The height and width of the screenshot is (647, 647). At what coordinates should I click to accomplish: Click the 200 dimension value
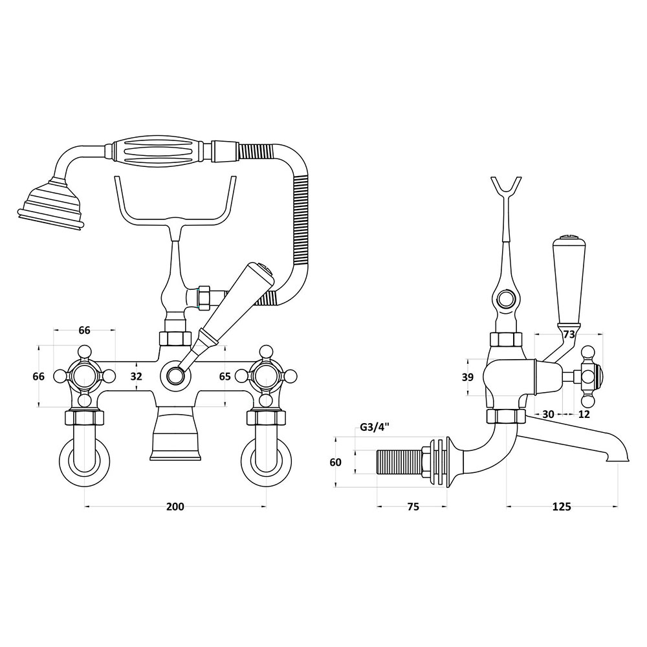[x=175, y=507]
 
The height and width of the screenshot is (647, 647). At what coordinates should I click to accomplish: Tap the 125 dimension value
[x=562, y=507]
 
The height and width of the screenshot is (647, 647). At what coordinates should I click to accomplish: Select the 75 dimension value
[x=413, y=507]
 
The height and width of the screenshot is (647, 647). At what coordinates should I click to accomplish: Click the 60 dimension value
[x=336, y=462]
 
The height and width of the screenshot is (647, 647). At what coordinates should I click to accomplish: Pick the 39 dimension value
[x=468, y=377]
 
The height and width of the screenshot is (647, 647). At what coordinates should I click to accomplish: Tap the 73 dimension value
[x=569, y=334]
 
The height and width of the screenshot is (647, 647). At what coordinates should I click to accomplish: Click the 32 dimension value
[x=136, y=377]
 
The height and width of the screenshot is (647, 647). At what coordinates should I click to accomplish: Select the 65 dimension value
[x=225, y=377]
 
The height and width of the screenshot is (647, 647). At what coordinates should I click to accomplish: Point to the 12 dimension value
[x=584, y=414]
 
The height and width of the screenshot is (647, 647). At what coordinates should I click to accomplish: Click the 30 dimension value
[x=548, y=414]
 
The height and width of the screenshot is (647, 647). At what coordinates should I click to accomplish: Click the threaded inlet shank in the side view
[x=400, y=462]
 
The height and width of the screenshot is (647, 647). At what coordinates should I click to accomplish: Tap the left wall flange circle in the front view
[x=85, y=463]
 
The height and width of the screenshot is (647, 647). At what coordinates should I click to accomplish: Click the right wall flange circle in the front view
[x=267, y=463]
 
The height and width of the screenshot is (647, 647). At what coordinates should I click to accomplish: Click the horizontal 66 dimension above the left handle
[x=84, y=330]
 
